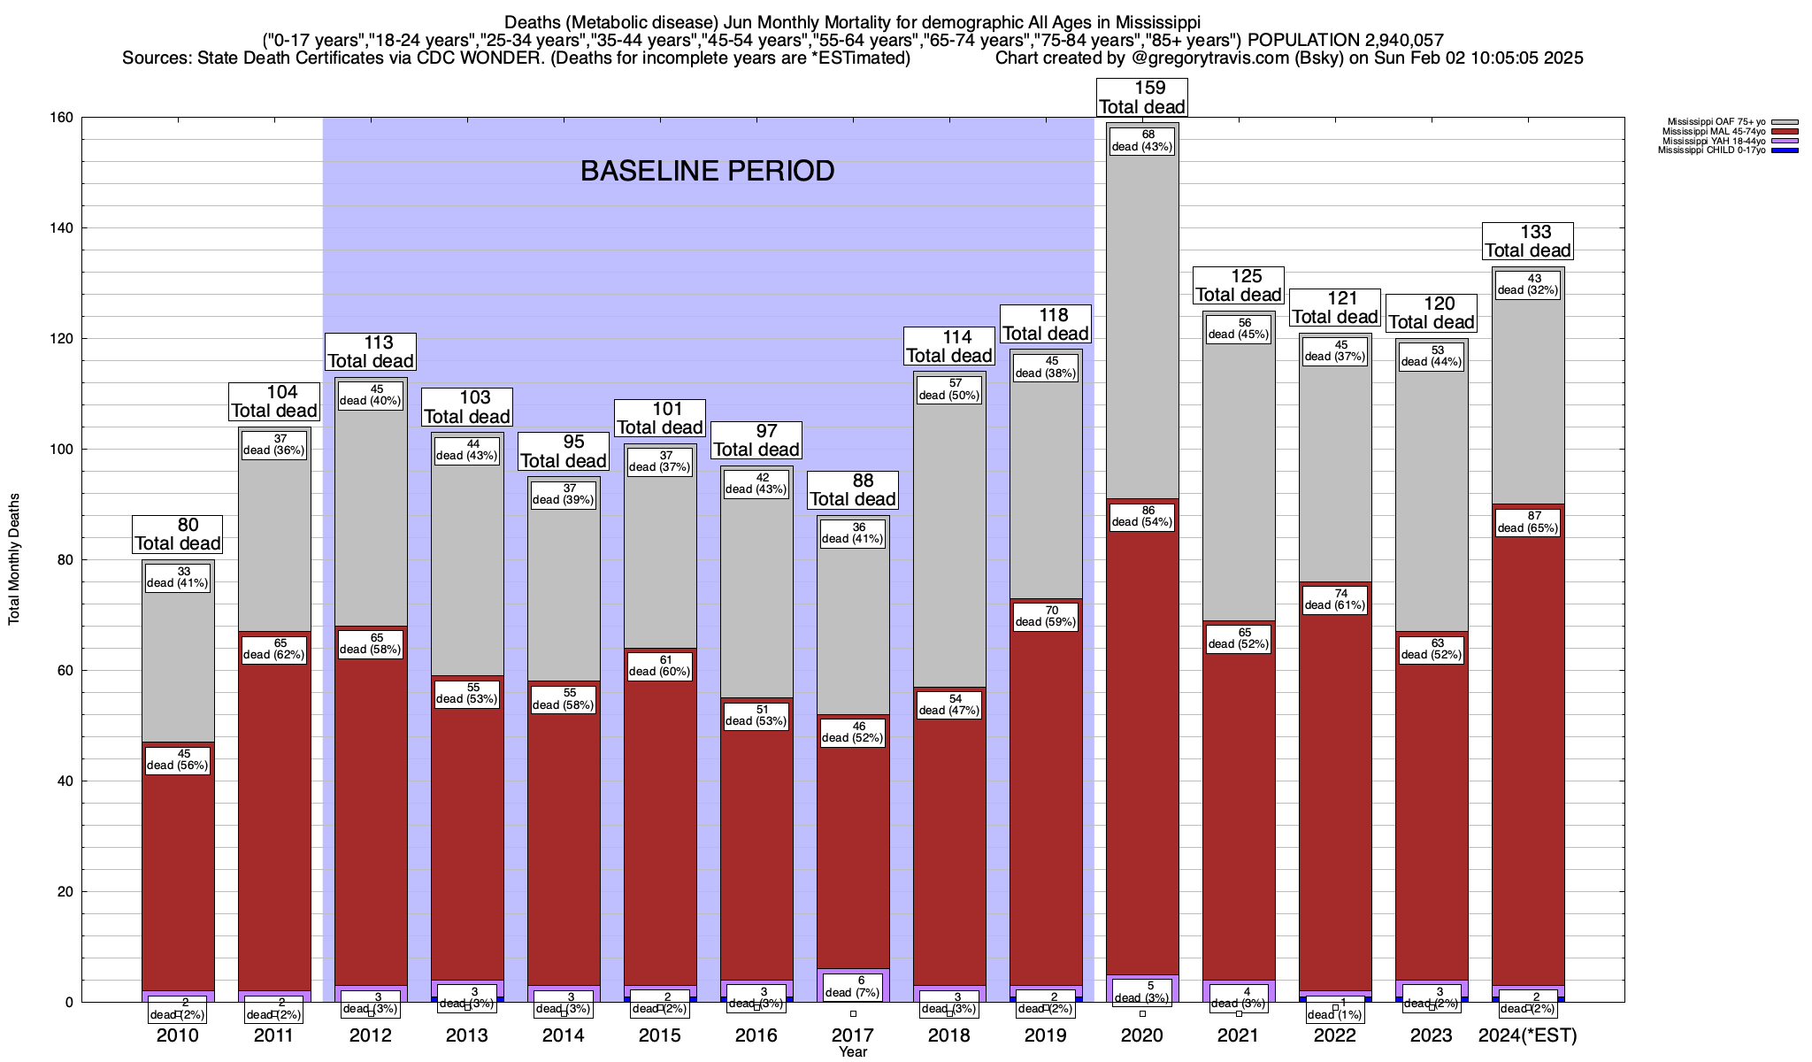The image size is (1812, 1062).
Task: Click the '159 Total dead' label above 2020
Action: pos(1141,97)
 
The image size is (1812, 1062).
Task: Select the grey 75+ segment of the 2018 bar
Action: pos(949,549)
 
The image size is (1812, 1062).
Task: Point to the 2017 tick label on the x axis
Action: pos(853,1035)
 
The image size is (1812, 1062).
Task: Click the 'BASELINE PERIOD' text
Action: pos(707,171)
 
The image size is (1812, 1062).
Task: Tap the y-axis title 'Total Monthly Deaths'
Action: pos(14,559)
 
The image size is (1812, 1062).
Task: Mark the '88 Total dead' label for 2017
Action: pos(853,489)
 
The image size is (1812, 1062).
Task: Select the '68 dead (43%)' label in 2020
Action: pos(1142,141)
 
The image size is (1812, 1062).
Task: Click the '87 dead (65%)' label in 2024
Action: pos(1528,522)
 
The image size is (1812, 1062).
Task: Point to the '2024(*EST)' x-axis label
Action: pos(1528,1035)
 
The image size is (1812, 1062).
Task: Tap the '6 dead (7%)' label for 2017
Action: pos(853,987)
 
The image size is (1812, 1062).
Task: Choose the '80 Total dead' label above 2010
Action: pos(178,534)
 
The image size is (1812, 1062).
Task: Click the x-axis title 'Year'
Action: pos(853,1052)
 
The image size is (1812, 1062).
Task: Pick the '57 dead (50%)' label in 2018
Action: pos(949,389)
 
